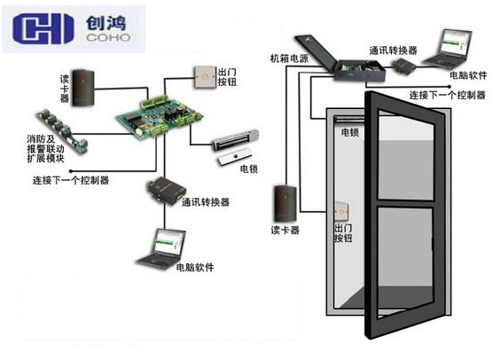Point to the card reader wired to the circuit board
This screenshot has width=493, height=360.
click(x=84, y=83)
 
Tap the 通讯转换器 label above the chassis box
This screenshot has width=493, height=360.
click(x=387, y=52)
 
